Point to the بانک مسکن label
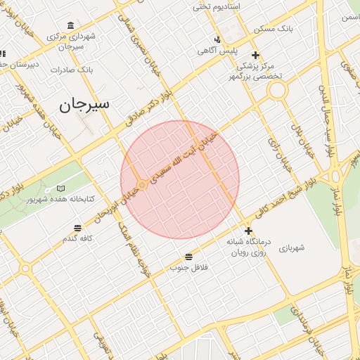[x=295, y=30]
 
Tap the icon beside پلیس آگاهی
[x=218, y=39]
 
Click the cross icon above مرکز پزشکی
[x=255, y=55]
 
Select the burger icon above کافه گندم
[x=77, y=228]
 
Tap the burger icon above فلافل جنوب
[x=188, y=257]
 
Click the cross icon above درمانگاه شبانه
[x=248, y=231]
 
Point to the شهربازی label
[x=290, y=247]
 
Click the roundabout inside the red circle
[x=142, y=185]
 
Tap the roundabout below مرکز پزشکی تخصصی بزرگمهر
[x=277, y=91]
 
